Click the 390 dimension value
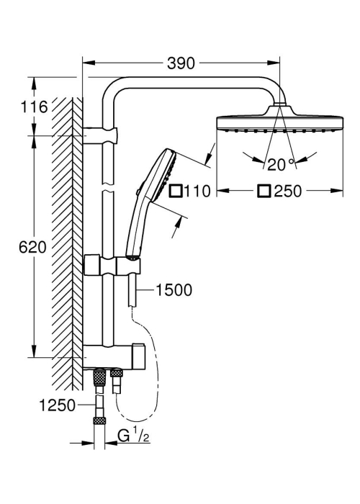[x=181, y=63]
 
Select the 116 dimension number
[x=34, y=107]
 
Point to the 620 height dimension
[x=32, y=247]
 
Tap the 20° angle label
[x=281, y=165]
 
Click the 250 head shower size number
[x=288, y=191]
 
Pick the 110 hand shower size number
[x=197, y=191]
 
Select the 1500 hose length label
[x=174, y=289]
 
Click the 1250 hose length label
[x=57, y=405]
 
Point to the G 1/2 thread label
[x=133, y=436]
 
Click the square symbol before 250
[x=264, y=191]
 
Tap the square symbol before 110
[x=176, y=191]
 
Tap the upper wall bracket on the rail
[x=100, y=135]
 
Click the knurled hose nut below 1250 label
[x=99, y=421]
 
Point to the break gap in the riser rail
[x=108, y=187]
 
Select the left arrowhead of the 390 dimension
[x=89, y=63]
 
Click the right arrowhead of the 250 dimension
[x=337, y=191]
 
